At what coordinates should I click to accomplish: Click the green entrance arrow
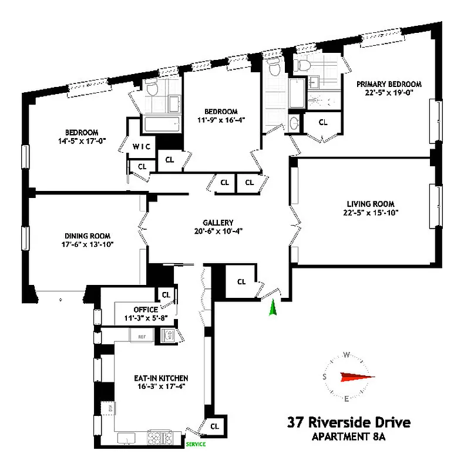tap(272, 309)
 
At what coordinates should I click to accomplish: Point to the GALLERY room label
tap(218, 223)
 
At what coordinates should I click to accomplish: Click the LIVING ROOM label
tap(365, 204)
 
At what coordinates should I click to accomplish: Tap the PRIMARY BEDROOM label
tap(389, 84)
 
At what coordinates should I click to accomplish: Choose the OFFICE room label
tap(145, 310)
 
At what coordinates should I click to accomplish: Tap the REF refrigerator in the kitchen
tap(141, 336)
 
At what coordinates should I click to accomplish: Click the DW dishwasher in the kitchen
tap(108, 407)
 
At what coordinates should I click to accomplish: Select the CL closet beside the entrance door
tap(241, 281)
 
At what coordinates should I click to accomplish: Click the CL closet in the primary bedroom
tap(323, 122)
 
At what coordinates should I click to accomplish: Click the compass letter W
tap(347, 354)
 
